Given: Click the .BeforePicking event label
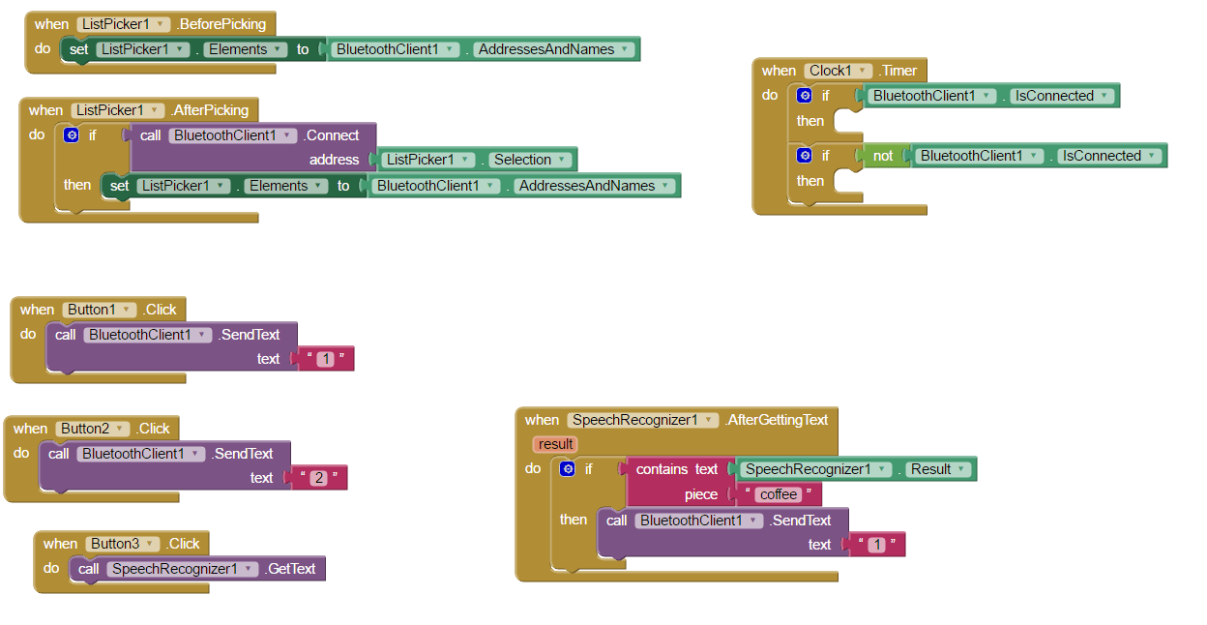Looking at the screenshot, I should [x=221, y=24].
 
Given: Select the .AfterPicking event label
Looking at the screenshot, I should [x=210, y=110].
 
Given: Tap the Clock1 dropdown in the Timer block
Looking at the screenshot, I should [x=838, y=71].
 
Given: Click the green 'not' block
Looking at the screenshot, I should [x=883, y=156].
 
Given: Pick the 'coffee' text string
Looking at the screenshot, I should [x=779, y=494].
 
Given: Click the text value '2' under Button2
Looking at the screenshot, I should [x=318, y=478].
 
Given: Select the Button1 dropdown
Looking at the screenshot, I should [x=100, y=310].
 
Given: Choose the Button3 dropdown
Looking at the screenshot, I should [x=123, y=544].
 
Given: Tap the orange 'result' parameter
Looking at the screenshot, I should [x=556, y=444].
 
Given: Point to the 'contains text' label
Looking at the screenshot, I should [x=676, y=469].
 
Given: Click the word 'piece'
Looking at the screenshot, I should [x=701, y=494].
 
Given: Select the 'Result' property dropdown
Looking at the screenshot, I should [x=937, y=469].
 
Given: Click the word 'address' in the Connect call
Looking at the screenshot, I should [x=334, y=160].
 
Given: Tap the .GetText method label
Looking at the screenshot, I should [x=291, y=569].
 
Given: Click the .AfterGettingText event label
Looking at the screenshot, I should [x=777, y=420].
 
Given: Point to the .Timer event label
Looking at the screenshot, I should [x=898, y=71].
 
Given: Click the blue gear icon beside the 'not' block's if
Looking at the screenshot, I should [x=804, y=155].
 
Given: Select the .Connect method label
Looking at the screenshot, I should [x=332, y=135].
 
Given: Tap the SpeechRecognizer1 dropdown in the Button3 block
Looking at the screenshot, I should [x=182, y=569].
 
